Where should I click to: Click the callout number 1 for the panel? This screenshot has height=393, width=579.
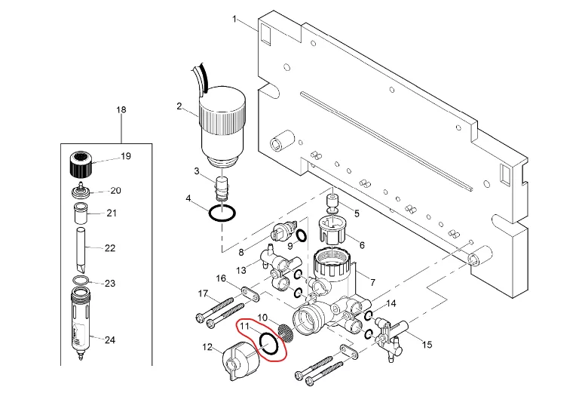point(234,18)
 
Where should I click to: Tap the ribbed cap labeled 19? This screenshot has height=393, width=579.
point(81,164)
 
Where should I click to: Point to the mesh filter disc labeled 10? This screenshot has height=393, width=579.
point(286,332)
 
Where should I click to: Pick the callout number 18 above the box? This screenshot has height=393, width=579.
point(121,109)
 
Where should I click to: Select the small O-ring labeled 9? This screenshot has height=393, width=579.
point(302,235)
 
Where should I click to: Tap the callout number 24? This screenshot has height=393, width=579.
point(110,339)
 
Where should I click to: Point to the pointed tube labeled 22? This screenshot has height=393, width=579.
point(81,249)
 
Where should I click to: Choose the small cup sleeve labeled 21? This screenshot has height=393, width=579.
point(81,213)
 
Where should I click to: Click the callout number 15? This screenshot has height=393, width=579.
point(427,344)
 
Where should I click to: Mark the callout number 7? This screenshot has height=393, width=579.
point(373,282)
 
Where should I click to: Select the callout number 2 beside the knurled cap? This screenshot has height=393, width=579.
point(179,106)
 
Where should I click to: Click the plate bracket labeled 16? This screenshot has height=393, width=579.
point(251,295)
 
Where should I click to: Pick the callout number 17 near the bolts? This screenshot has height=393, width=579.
point(203,293)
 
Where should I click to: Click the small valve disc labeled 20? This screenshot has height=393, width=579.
point(81,191)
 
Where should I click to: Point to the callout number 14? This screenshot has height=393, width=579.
point(391,304)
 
